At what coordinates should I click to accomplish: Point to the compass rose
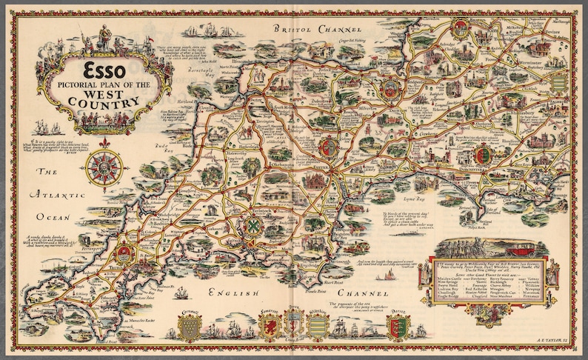click(104, 166)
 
